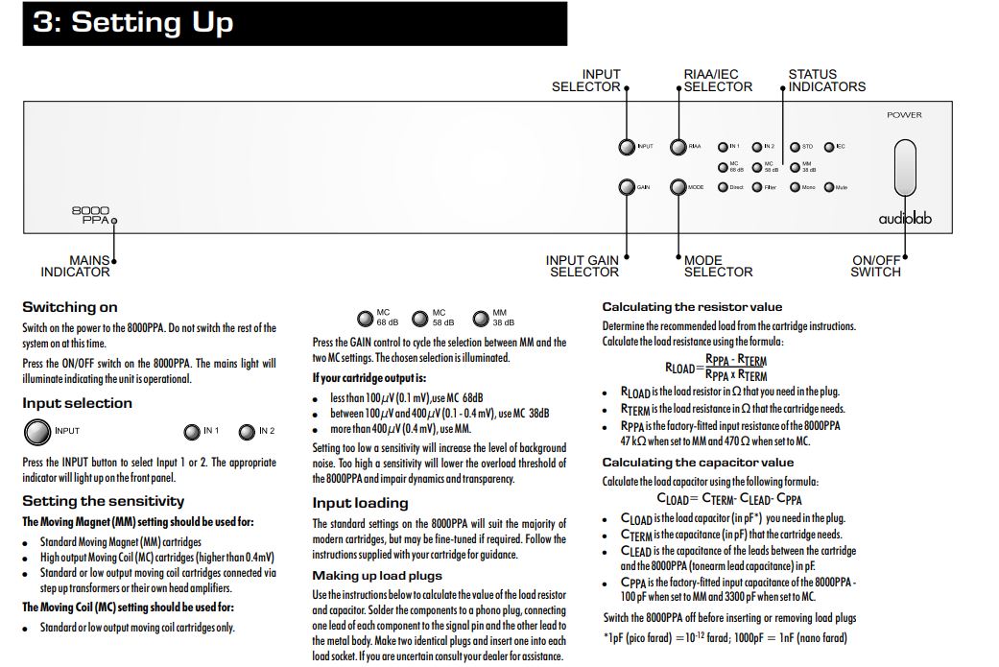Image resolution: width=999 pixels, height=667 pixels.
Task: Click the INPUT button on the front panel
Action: [x=627, y=147]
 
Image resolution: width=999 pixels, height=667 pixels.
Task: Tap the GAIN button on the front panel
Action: [x=627, y=187]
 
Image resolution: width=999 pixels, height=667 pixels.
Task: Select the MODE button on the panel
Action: [x=678, y=187]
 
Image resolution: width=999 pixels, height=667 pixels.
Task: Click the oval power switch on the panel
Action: [x=904, y=167]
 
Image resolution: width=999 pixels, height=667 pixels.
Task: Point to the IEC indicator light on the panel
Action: [x=829, y=147]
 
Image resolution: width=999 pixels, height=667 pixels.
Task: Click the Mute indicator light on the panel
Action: [x=828, y=187]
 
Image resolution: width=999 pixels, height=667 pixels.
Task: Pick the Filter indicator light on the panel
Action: [x=757, y=187]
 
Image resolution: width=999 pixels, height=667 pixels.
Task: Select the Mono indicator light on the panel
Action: [x=795, y=187]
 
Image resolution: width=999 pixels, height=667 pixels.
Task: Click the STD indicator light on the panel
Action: [x=795, y=147]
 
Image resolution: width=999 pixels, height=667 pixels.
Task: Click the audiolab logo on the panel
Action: [x=904, y=219]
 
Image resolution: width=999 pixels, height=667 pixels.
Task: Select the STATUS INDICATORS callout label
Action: [x=826, y=81]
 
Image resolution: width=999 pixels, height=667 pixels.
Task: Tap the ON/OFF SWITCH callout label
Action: [x=876, y=266]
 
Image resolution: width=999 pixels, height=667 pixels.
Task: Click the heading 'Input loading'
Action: [x=360, y=503]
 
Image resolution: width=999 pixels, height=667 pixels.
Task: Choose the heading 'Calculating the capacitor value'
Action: [x=698, y=463]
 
